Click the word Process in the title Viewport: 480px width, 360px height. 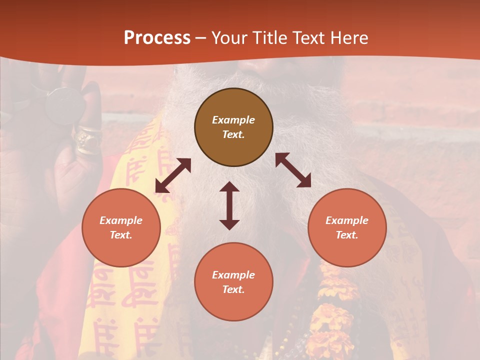coord(157,38)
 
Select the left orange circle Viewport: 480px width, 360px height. coord(121,245)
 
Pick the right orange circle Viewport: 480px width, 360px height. coord(347,245)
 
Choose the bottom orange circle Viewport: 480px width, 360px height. coord(233,300)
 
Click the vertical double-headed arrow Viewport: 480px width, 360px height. coord(229,205)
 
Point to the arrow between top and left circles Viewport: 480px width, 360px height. coord(173,175)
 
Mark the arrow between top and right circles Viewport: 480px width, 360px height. coord(293,170)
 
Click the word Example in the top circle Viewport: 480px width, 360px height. coord(233,120)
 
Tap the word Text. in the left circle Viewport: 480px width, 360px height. coord(121,235)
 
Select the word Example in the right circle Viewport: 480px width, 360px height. coord(347,220)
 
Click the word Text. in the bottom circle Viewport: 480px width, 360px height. coord(233,289)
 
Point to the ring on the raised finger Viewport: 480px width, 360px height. coord(88,139)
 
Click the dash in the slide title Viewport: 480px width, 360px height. coord(201,38)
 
